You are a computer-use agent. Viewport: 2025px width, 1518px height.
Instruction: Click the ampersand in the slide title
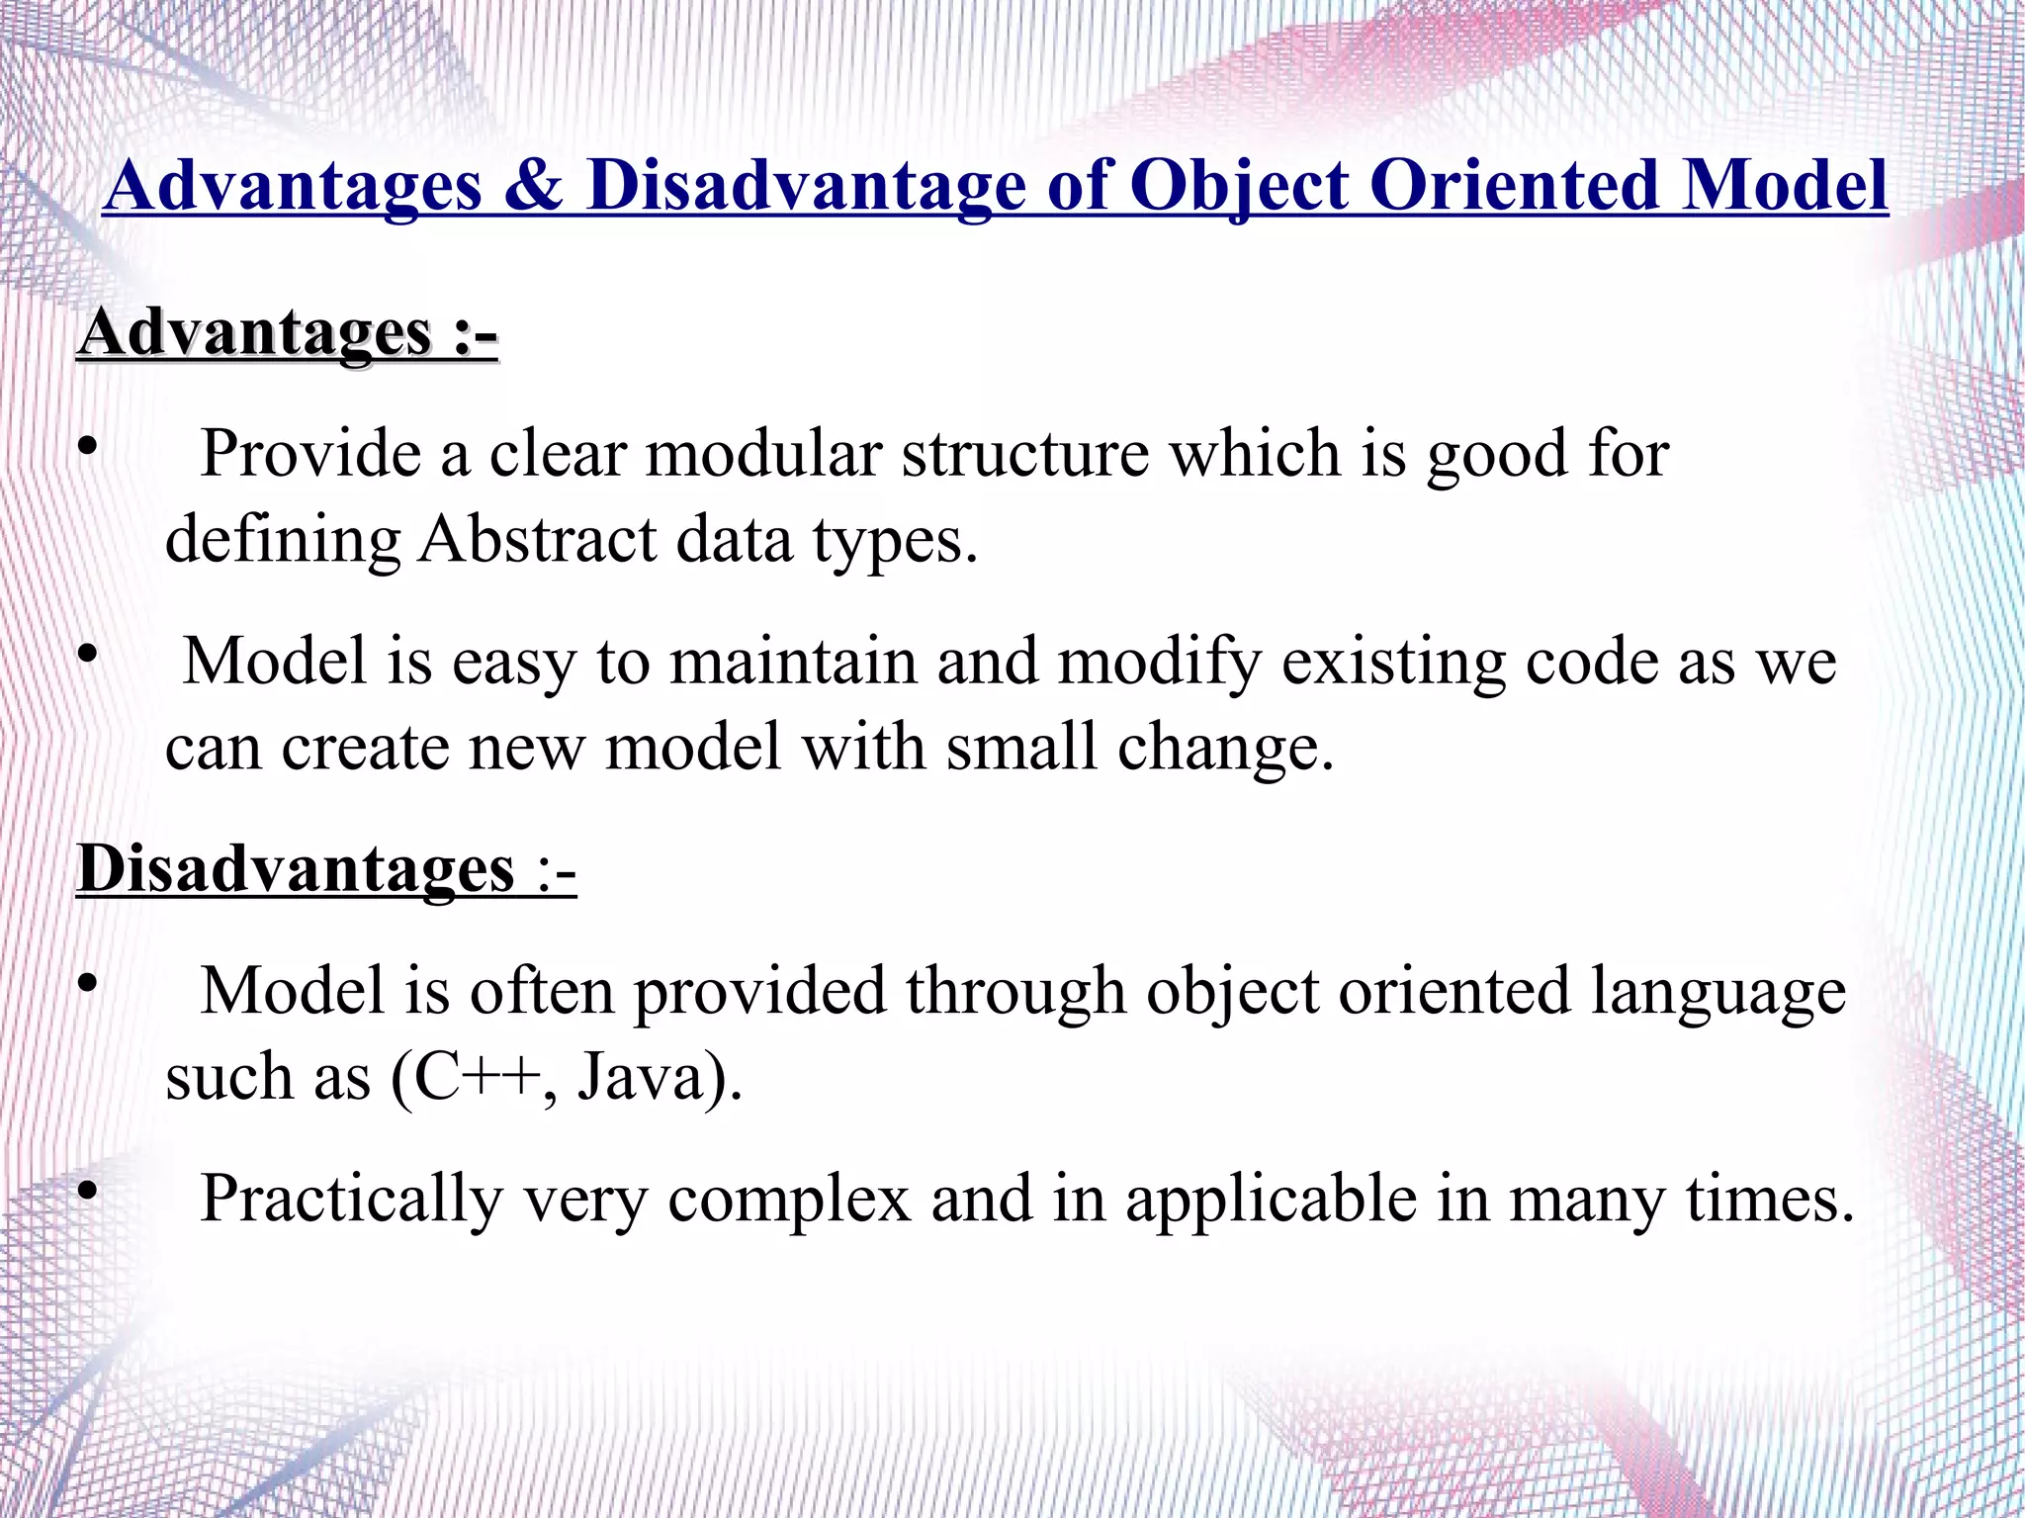point(533,187)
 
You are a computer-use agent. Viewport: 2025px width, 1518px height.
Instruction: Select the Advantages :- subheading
point(287,333)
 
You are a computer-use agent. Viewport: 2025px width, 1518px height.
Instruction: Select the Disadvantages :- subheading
point(325,870)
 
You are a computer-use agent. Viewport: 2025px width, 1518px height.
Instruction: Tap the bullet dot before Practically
point(87,1192)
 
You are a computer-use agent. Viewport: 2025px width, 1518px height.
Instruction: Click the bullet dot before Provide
point(87,447)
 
